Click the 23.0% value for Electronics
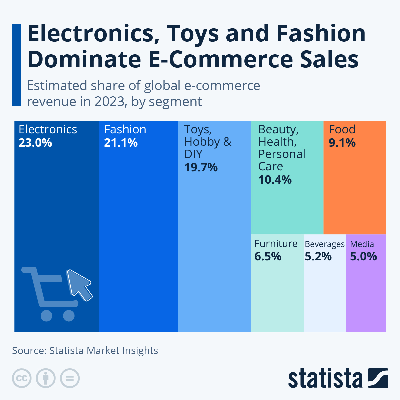pos(35,143)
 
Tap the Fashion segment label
pos(125,129)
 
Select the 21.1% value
pos(121,143)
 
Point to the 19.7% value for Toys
pos(201,167)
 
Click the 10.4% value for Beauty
pos(275,180)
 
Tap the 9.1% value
pos(342,143)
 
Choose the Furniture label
pos(276,244)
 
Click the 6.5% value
pos(268,256)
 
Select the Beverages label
pos(325,244)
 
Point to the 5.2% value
pos(318,256)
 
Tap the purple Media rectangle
pos(366,293)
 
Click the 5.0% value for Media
pos(364,256)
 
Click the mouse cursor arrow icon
pos(79,284)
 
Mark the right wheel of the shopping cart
pos(69,316)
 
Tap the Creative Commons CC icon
pos(22,378)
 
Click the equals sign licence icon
pos(70,378)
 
